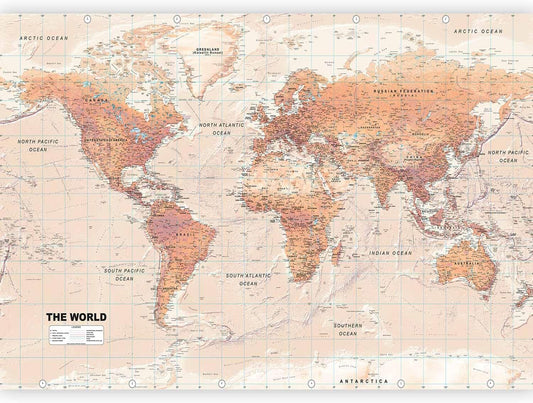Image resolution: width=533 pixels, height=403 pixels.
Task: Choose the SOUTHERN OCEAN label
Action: coord(348,330)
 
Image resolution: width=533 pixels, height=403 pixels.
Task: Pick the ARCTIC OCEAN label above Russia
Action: coord(478,32)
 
